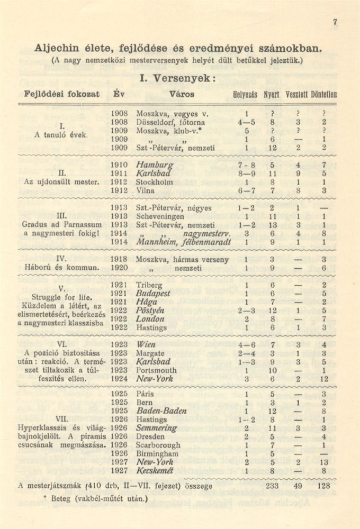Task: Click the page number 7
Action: (x=336, y=23)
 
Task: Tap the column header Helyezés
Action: (x=245, y=95)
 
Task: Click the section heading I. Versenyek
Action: (x=177, y=78)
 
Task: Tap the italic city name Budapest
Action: (x=153, y=293)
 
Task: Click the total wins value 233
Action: (x=273, y=485)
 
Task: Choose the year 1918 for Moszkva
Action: (x=119, y=260)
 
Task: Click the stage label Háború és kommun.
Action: (x=61, y=268)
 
